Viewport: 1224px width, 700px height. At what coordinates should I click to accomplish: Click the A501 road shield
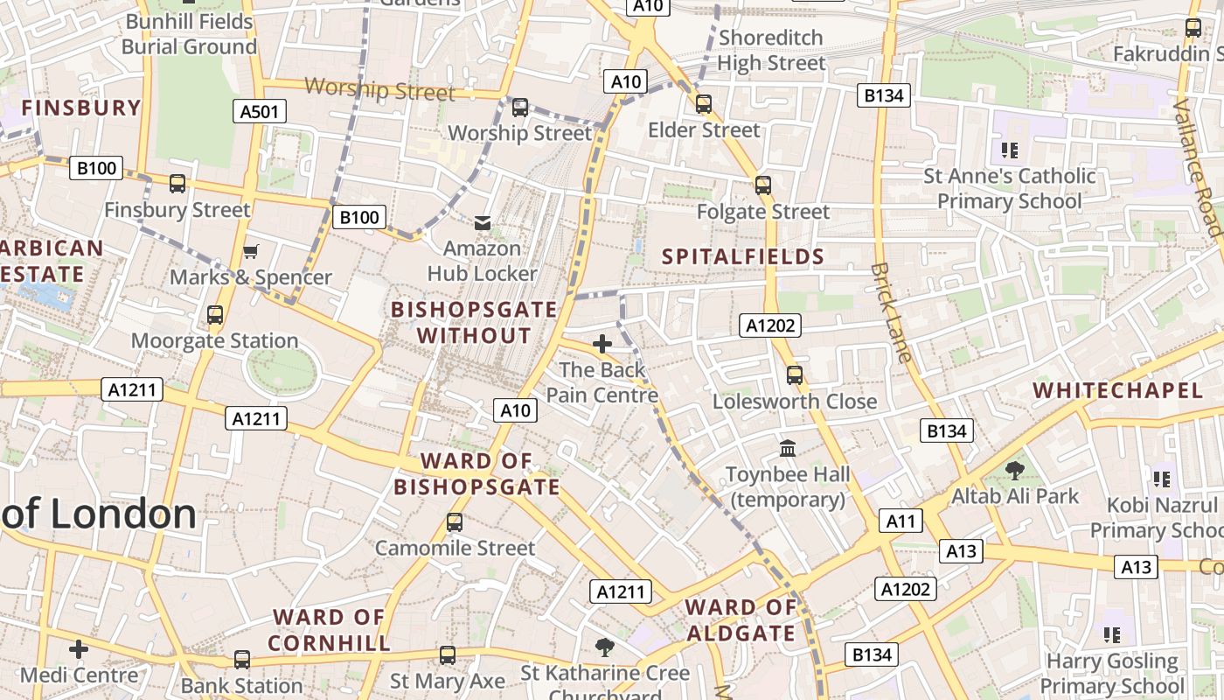[x=260, y=110]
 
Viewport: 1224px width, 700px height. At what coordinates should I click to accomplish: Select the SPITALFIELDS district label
[x=743, y=256]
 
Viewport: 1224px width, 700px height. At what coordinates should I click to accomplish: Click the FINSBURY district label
[x=81, y=108]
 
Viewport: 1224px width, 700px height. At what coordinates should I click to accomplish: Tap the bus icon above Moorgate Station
[x=215, y=315]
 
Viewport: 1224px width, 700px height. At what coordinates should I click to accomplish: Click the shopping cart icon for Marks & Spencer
[x=251, y=252]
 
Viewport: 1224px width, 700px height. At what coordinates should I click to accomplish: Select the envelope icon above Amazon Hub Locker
[x=482, y=223]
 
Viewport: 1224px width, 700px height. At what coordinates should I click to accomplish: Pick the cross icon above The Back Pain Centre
[x=602, y=344]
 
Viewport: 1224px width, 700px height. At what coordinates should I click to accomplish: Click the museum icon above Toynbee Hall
[x=788, y=449]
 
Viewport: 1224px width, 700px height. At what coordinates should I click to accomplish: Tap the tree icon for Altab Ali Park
[x=1015, y=471]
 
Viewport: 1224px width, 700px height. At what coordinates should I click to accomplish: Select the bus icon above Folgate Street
[x=763, y=185]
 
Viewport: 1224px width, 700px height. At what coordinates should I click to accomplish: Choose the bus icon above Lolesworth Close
[x=795, y=375]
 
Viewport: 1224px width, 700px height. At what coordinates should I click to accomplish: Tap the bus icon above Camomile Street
[x=455, y=522]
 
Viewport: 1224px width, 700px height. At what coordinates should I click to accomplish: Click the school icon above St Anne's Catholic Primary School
[x=1010, y=150]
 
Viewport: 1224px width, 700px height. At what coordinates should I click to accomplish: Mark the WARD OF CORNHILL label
[x=329, y=630]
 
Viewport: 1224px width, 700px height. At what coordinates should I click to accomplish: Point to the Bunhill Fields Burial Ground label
[x=190, y=33]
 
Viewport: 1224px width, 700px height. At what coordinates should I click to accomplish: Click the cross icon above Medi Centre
[x=79, y=649]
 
